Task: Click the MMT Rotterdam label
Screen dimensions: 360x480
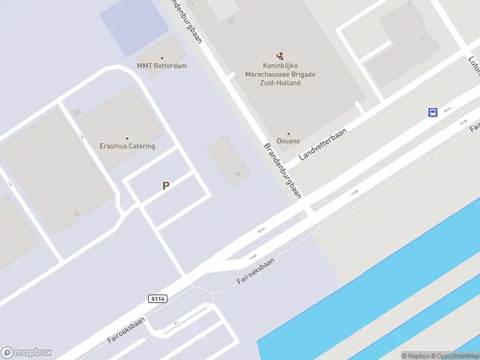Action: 161,65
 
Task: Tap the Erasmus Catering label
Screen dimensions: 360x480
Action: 127,146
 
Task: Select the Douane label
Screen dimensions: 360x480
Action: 289,141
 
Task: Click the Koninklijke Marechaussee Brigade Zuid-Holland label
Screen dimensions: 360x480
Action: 280,74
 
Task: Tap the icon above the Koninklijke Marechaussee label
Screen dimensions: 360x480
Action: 280,55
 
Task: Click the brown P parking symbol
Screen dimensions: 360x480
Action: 166,186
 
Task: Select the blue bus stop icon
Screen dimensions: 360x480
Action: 433,112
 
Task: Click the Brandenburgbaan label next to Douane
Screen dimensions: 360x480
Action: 282,170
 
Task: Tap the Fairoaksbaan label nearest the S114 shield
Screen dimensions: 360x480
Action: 126,329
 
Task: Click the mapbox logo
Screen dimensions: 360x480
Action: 26,353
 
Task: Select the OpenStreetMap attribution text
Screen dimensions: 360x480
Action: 455,356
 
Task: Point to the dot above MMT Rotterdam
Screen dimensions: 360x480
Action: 161,58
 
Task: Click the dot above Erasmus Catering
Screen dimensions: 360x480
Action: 127,139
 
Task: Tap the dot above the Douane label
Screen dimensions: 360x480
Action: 289,134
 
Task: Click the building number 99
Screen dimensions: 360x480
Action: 238,175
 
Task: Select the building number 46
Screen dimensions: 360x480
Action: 76,214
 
